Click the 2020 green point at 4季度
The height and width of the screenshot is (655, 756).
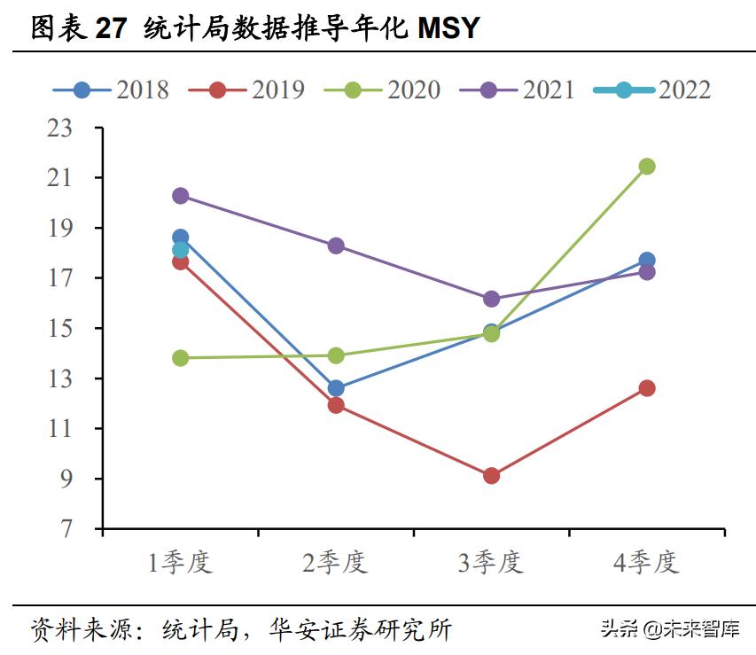click(x=647, y=166)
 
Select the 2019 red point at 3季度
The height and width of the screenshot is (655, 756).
click(x=491, y=476)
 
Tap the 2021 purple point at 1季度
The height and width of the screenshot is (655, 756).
click(x=180, y=196)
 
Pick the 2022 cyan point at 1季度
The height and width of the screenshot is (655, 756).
click(x=180, y=251)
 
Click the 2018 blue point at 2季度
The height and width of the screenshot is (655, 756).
click(x=336, y=388)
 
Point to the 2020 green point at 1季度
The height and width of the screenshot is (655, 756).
click(x=180, y=358)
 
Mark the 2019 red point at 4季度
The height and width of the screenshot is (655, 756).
click(x=647, y=388)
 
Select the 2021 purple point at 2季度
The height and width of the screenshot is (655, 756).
click(x=336, y=246)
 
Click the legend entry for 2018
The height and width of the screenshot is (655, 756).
click(x=111, y=90)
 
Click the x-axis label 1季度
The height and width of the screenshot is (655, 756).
click(x=180, y=563)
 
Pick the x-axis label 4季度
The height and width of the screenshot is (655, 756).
click(x=647, y=563)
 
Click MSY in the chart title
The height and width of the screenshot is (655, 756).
click(x=448, y=28)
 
